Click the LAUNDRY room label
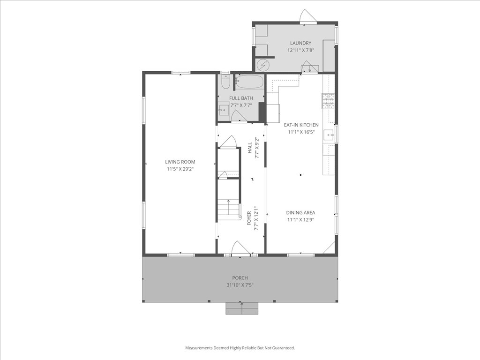coord(300,43)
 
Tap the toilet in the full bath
coord(225,83)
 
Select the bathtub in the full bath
coord(249,82)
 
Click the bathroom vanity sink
coord(224,111)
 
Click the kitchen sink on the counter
coord(331,135)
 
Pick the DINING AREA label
coord(300,213)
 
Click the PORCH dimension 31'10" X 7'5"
coord(240,285)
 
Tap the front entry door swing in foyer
coord(240,248)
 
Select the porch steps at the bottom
coord(242,308)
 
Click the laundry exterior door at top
coord(308,16)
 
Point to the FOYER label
coord(249,218)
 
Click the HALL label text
coord(250,148)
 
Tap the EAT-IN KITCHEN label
coord(301,125)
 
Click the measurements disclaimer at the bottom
coord(240,348)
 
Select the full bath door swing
coord(239,117)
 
